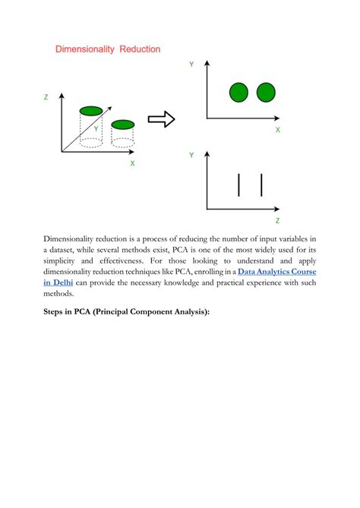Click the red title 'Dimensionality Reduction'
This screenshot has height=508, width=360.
(x=108, y=49)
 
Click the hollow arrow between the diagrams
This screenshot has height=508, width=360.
(x=161, y=119)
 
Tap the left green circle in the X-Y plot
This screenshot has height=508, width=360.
(x=239, y=93)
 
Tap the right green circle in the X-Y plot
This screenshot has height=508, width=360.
(x=266, y=93)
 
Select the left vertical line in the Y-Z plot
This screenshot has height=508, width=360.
(x=239, y=185)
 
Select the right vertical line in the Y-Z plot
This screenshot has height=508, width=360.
(x=261, y=185)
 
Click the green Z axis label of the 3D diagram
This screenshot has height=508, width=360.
(x=46, y=97)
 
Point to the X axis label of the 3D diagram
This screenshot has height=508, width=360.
(x=133, y=163)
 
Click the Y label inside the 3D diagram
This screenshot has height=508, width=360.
(x=96, y=129)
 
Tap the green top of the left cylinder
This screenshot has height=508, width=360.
(x=91, y=111)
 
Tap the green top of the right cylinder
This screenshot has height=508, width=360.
(x=123, y=124)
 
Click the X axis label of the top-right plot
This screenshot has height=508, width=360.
(x=278, y=131)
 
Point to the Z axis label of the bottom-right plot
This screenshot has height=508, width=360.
(x=277, y=221)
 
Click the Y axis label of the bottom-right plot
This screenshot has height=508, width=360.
(x=191, y=155)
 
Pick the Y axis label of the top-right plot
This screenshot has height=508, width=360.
(x=191, y=65)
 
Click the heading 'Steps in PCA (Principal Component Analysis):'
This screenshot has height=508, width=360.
(x=126, y=312)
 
